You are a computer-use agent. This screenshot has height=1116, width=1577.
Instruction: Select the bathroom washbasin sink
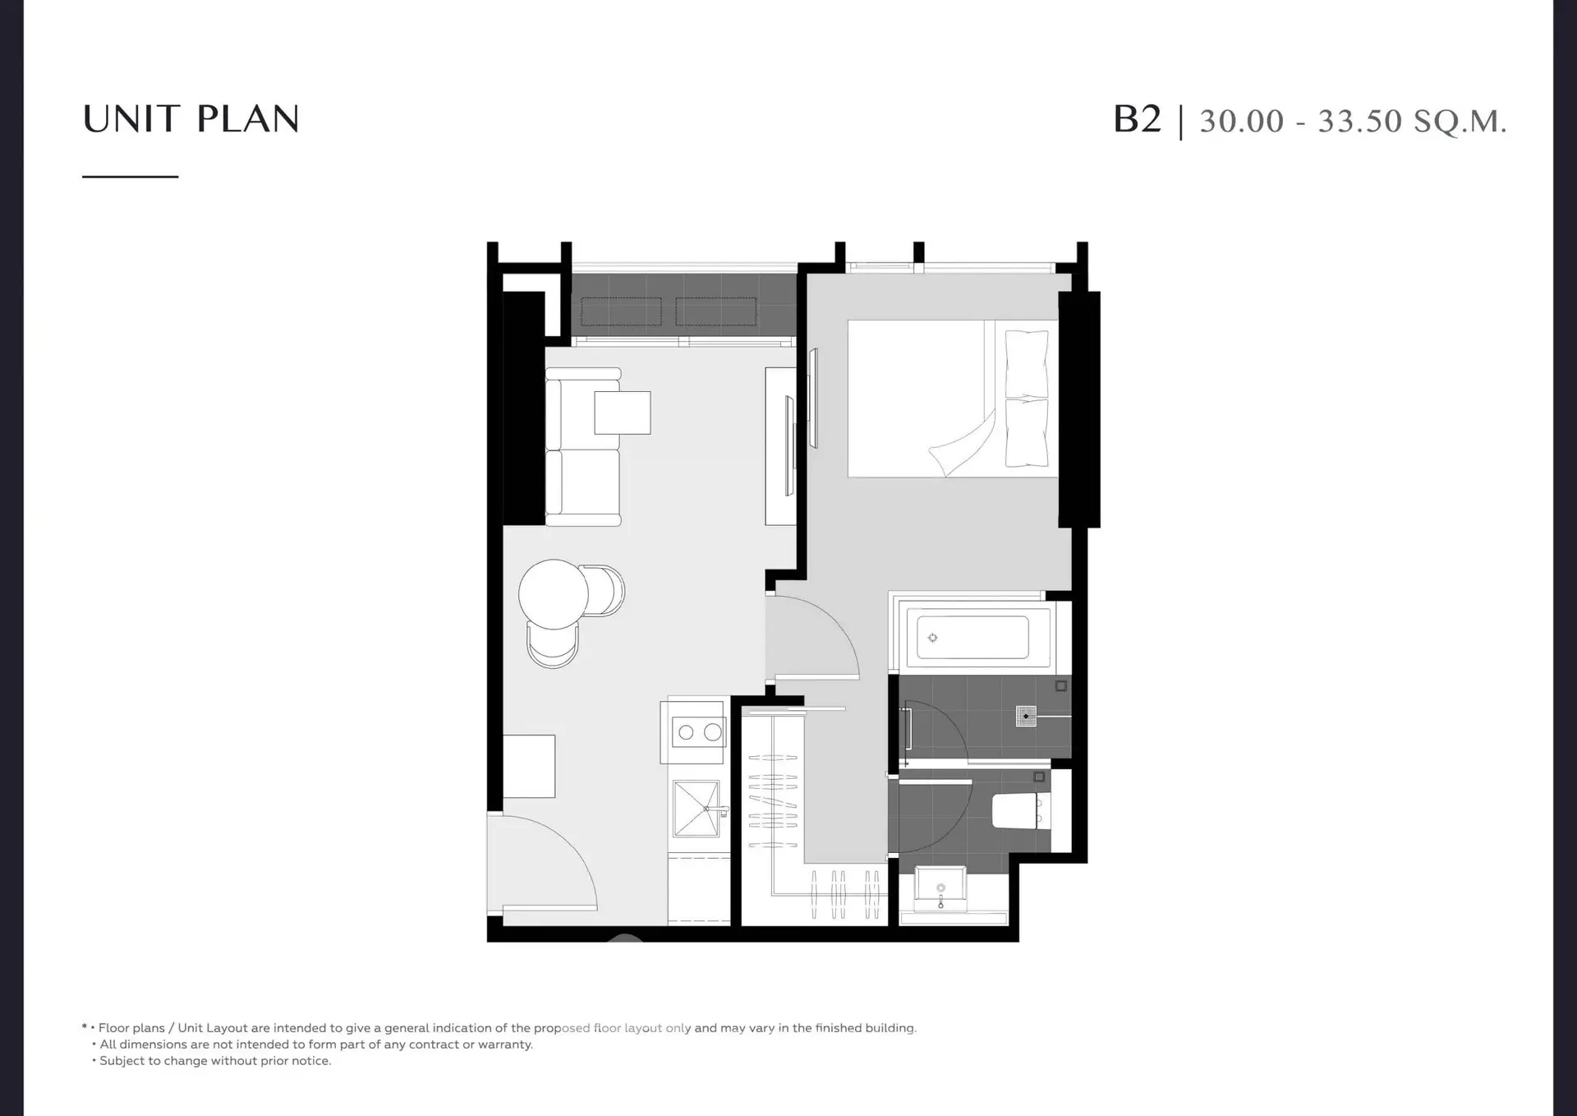coord(940,888)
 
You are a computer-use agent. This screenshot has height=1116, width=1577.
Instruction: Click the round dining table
coord(554,594)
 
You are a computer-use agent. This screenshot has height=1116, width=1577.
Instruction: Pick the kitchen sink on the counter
coord(697,809)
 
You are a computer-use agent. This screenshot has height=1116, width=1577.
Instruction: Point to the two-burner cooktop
coord(698,731)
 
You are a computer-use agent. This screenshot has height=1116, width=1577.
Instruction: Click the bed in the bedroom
coord(953,399)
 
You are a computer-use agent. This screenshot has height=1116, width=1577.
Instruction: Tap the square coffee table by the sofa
coord(623,413)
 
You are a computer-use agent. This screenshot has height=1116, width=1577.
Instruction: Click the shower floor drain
coord(1026,717)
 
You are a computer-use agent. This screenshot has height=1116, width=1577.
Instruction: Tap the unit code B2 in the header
coord(1138,119)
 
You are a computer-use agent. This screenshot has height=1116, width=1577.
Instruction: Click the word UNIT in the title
coord(131,119)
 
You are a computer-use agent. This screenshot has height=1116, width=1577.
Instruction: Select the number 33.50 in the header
coord(1360,121)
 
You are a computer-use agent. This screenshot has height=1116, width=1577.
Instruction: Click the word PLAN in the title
coord(248,119)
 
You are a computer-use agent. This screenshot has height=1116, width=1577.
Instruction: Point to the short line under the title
coord(131,177)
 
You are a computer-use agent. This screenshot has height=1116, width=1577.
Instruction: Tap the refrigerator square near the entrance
coord(529,766)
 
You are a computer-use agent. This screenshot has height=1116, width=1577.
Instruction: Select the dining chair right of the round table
coord(603,590)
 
